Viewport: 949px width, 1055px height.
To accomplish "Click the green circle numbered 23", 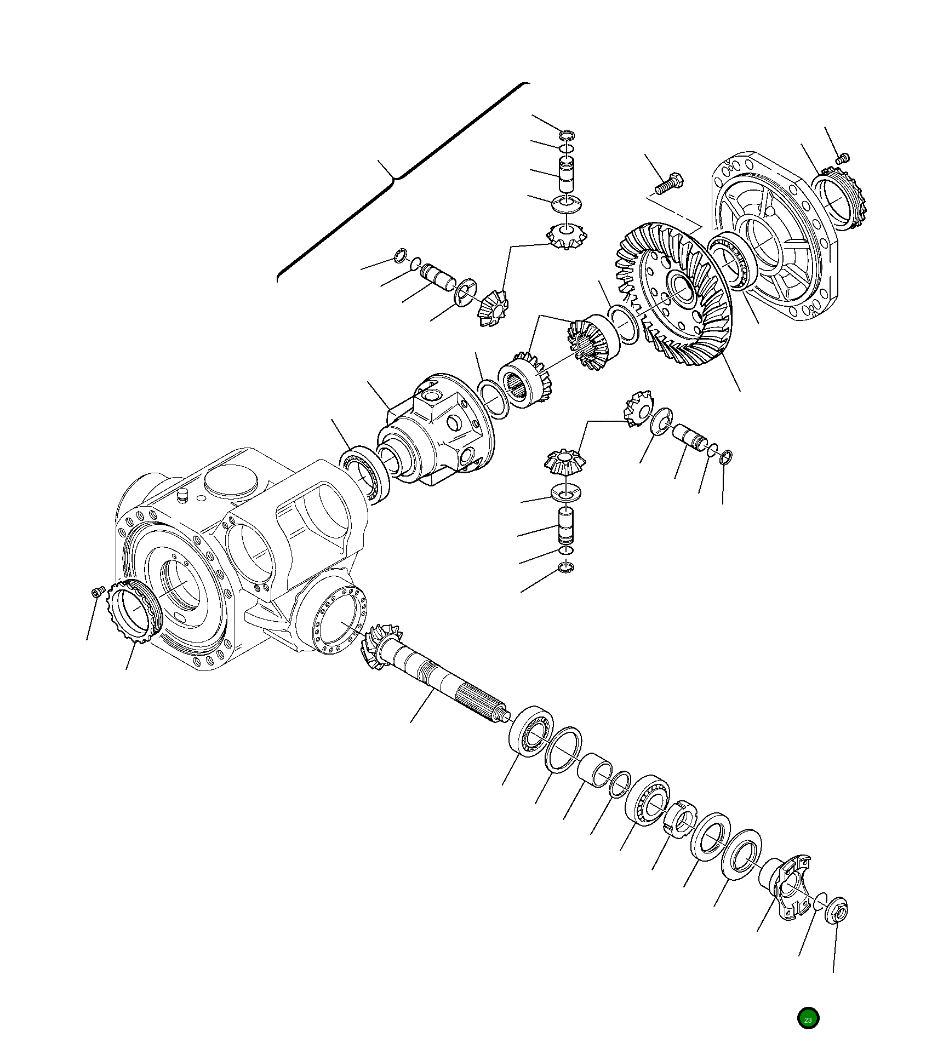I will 808,1018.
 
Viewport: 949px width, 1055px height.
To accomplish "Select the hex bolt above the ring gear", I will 669,184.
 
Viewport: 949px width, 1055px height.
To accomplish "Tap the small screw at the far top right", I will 843,159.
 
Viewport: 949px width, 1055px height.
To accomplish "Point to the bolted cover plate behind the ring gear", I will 778,236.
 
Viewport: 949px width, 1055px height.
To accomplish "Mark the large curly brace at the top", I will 395,175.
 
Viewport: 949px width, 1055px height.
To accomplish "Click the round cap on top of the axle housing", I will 230,480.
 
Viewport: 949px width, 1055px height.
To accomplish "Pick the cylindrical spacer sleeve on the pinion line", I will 594,770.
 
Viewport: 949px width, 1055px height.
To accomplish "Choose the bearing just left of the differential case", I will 364,474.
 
